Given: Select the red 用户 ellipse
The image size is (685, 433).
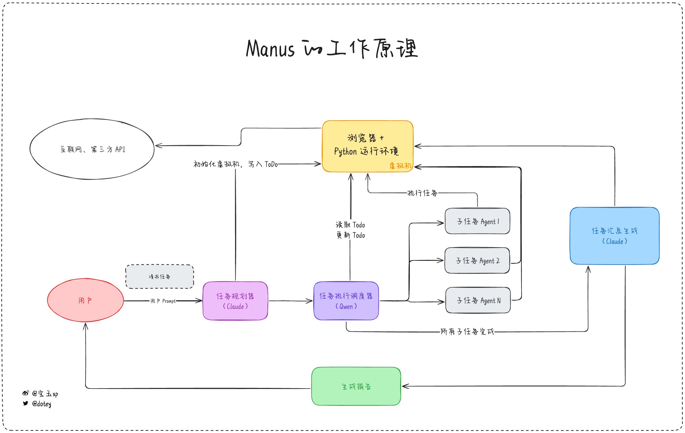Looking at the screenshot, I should [85, 300].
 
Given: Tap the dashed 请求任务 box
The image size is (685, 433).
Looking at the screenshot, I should [160, 276].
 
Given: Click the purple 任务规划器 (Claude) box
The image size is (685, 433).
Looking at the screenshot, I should [235, 301].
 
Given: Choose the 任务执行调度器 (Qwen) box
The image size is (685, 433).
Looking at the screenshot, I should [346, 301].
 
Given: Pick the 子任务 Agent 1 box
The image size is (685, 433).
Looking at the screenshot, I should [477, 221].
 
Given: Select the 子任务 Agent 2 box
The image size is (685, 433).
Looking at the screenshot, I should [477, 261].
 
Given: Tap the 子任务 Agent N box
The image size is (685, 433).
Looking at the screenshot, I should [478, 300].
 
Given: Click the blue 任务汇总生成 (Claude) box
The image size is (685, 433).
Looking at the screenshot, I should [614, 236].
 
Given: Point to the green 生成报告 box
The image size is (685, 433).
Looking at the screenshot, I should [356, 386].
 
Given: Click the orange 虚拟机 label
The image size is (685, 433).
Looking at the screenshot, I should [400, 165].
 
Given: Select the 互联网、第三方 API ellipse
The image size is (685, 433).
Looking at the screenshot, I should [92, 149].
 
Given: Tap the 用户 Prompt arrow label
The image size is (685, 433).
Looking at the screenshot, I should [163, 301].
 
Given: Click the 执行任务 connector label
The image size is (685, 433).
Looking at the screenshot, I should [422, 193].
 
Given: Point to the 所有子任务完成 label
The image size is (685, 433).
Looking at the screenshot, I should [467, 331].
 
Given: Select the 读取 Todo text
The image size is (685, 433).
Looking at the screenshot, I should [350, 225].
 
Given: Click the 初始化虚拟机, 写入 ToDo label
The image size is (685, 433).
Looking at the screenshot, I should [235, 164].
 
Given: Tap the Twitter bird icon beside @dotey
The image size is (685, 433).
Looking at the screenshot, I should [26, 404].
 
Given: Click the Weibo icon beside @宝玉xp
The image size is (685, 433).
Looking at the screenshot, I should [26, 393].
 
